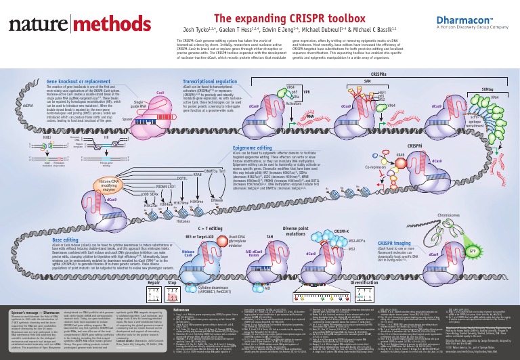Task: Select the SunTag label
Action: click(486, 89)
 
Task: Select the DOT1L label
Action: click(162, 179)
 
